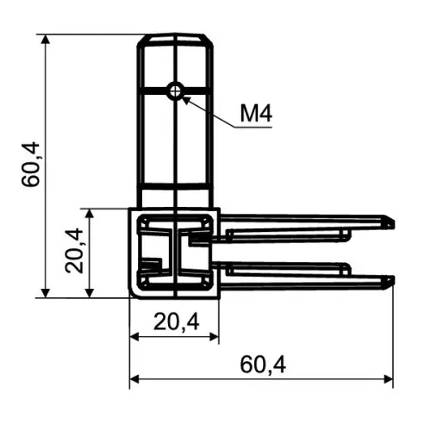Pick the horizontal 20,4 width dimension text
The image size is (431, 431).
[176, 322]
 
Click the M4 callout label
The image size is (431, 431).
[255, 113]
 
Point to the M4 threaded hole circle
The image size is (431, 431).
[176, 91]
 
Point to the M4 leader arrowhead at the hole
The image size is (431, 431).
[185, 97]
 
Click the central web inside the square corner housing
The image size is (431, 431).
[176, 253]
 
